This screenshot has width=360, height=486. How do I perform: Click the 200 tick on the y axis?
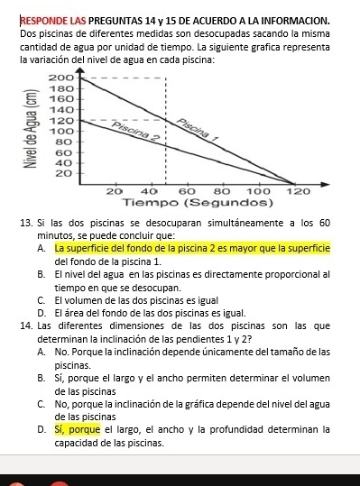[x=59, y=79]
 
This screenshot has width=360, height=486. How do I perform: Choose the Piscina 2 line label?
[x=134, y=132]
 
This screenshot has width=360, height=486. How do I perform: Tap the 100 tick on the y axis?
[x=59, y=130]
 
